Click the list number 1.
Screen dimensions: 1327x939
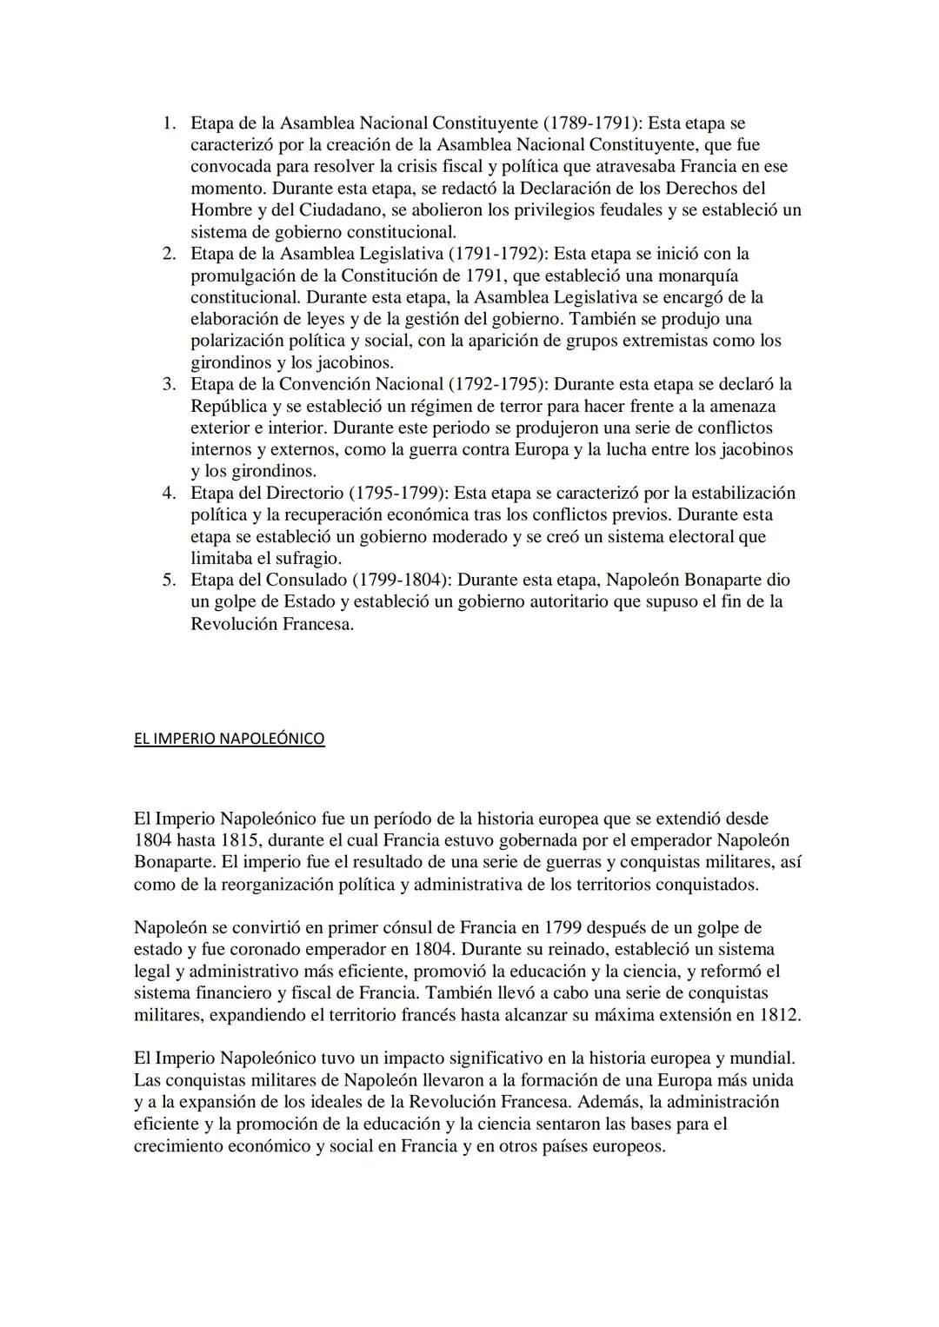(169, 123)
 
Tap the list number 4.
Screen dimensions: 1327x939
(169, 493)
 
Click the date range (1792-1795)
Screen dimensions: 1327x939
(498, 384)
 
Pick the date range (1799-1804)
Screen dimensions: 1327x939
(401, 580)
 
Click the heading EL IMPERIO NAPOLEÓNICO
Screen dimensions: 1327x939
(229, 739)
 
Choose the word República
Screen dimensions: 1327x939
(230, 406)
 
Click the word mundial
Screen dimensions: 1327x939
(761, 1058)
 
